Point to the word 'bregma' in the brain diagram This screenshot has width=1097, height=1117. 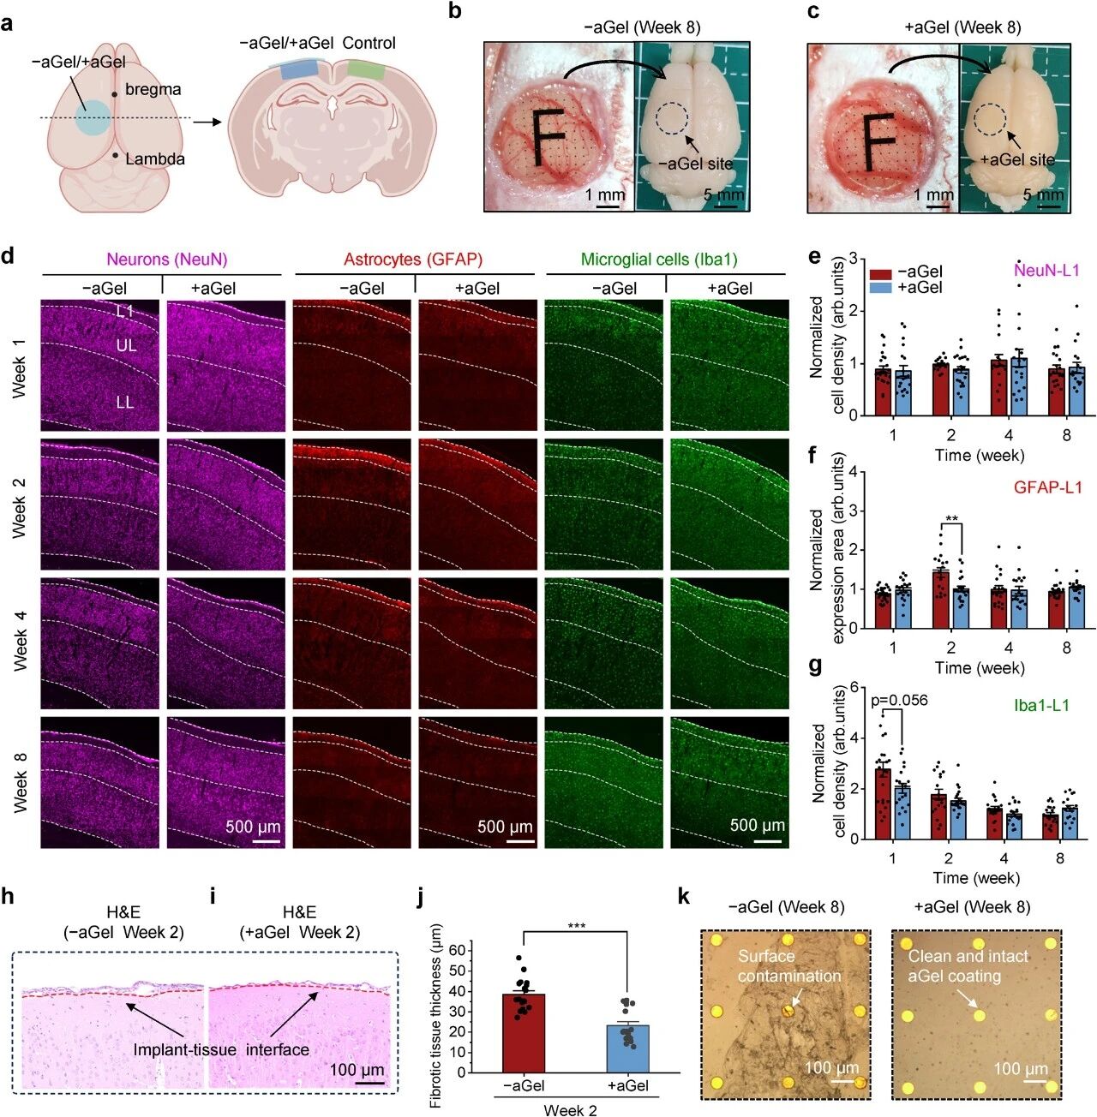coord(153,89)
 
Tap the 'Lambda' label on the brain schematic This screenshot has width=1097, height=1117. coord(155,158)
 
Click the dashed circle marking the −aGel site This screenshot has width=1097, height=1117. coord(670,120)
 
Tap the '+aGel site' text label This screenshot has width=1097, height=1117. coord(1017,160)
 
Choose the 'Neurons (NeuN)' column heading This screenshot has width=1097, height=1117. coord(167,260)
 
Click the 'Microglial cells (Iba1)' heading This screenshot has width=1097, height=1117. coord(658,260)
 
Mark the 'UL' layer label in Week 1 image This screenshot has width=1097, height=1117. coord(126,346)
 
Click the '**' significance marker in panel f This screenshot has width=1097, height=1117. coord(951,519)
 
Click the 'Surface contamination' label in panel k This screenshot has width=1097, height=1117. coord(788,965)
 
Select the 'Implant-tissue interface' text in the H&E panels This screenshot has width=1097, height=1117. coord(220,1048)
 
